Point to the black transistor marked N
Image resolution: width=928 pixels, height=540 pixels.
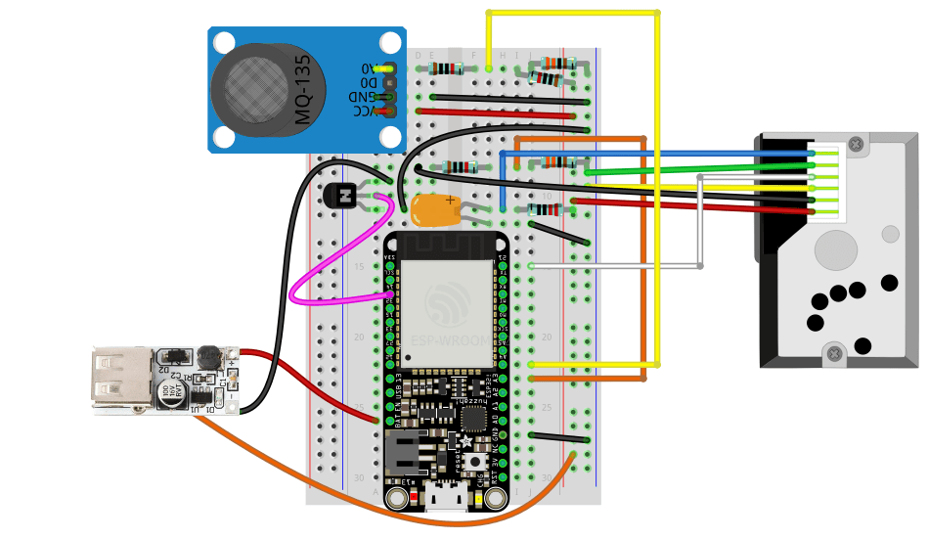[x=344, y=196]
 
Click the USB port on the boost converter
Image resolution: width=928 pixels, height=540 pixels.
[x=113, y=379]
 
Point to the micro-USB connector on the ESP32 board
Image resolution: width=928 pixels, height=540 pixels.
[x=446, y=499]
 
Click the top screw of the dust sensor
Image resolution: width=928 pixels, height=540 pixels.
[x=857, y=145]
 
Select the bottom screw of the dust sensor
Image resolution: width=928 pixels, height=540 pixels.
[x=834, y=352]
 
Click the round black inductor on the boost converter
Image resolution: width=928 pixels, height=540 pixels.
[x=207, y=356]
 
